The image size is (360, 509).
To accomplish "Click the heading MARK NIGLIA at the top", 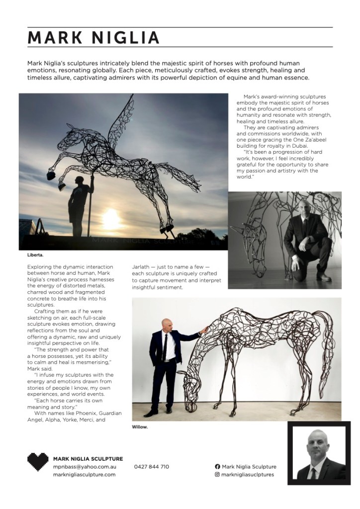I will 93,38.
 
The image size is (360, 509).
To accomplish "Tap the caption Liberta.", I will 35,255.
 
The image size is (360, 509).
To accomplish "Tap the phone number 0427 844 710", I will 152,467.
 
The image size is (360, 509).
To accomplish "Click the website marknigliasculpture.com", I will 84,475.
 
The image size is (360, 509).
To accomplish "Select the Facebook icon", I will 217,467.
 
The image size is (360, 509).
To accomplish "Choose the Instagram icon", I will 217,475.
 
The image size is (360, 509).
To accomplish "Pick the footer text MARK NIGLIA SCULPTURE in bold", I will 88,458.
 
